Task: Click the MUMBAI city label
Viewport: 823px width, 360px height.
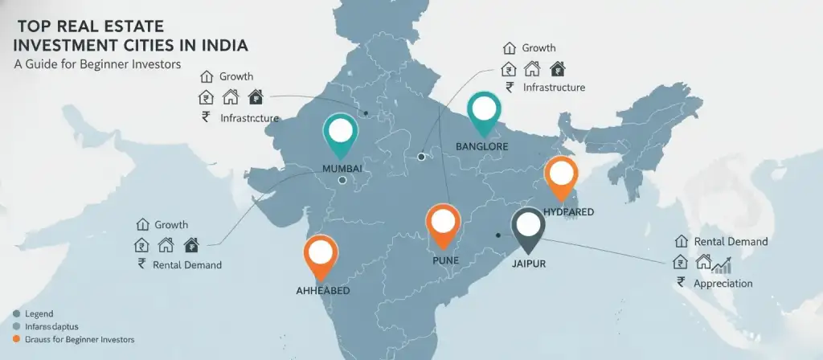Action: [x=342, y=167]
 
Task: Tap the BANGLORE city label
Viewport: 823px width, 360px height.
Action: [x=484, y=146]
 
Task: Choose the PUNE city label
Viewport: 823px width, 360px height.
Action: [x=440, y=260]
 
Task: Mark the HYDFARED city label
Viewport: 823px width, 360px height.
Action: [x=568, y=211]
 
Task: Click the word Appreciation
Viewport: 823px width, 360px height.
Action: [x=723, y=283]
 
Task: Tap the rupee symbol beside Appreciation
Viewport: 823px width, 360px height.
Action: [x=681, y=282]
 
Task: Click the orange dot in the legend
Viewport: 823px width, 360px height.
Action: [x=16, y=340]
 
